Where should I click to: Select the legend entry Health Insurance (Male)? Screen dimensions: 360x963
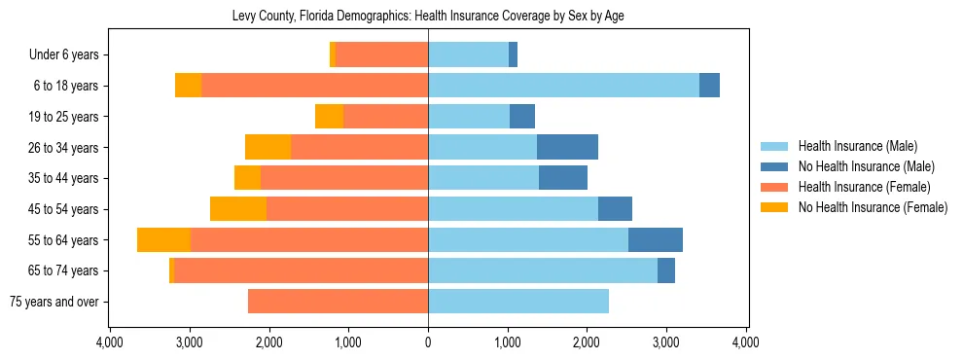tap(857, 146)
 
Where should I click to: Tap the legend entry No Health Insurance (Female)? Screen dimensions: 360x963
tap(873, 207)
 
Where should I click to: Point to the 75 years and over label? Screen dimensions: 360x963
tap(53, 302)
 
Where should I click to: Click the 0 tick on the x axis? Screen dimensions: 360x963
tap(428, 342)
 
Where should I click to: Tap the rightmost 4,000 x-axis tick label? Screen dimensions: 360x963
tap(746, 342)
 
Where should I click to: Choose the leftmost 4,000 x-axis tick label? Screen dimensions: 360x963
tap(110, 342)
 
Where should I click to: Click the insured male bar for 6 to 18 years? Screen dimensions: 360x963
tap(563, 86)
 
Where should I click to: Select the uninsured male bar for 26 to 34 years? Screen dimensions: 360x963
tap(567, 147)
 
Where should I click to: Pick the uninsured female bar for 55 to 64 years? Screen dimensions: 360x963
tap(163, 239)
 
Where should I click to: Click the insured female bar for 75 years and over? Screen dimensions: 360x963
tap(338, 302)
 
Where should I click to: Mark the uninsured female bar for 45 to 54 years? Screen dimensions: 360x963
tap(238, 209)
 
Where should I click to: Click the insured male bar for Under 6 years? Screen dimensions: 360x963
tap(468, 55)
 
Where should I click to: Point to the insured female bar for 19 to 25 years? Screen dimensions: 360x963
tap(385, 117)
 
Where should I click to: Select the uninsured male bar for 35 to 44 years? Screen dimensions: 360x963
tap(563, 178)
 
